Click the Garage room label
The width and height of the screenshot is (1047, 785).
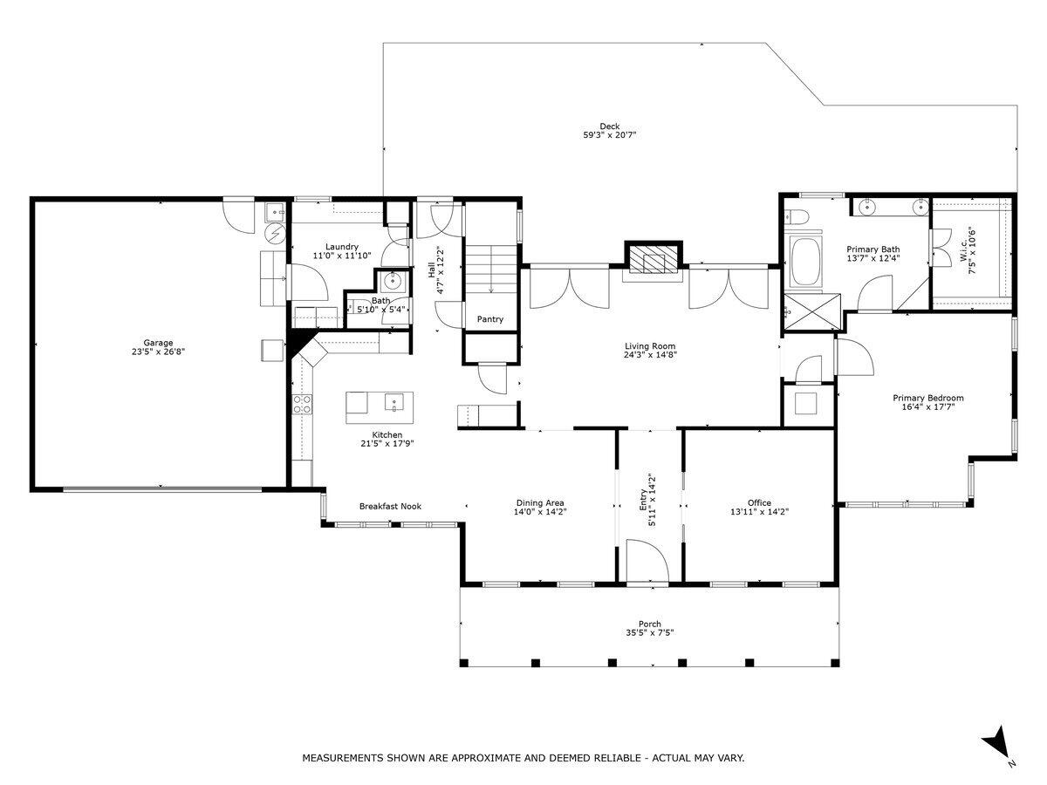pos(158,343)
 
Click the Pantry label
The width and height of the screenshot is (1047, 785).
pos(490,319)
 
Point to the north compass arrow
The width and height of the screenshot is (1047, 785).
pos(998,744)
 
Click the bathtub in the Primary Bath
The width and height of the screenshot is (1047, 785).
pos(804,261)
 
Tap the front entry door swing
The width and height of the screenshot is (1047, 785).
pos(646,560)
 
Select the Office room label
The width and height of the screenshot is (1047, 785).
pos(759,502)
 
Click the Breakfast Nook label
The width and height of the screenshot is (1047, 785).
pos(390,506)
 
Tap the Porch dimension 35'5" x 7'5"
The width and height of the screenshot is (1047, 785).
pos(649,633)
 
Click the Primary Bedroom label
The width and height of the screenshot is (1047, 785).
pos(927,398)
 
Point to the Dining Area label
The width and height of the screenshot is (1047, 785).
pos(540,502)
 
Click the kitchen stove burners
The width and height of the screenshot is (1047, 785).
pos(302,403)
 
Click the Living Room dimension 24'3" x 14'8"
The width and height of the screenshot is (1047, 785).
pos(650,355)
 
